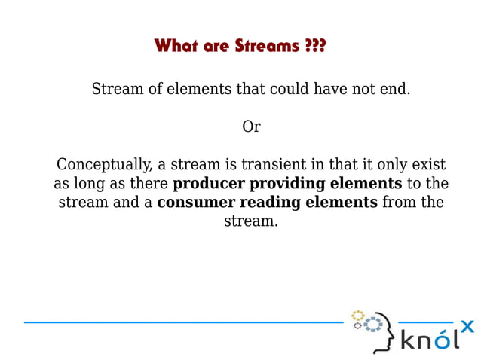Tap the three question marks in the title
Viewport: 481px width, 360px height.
(316, 47)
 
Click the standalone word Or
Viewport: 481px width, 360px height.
(251, 127)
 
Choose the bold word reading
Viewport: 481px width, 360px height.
(259, 203)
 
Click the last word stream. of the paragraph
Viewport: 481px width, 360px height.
(251, 221)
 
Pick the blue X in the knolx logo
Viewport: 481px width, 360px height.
(467, 326)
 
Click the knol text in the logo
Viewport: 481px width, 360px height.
(427, 340)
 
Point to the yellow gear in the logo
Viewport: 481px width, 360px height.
(358, 315)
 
